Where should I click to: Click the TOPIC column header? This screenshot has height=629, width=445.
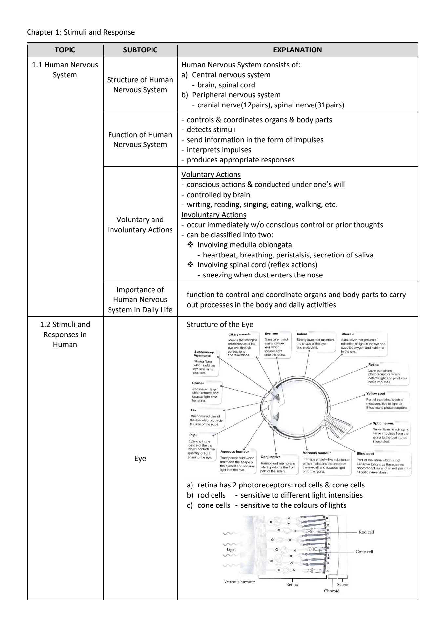click(65, 50)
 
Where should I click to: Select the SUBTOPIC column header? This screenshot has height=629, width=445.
click(140, 50)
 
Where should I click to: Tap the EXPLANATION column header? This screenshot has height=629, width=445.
click(297, 50)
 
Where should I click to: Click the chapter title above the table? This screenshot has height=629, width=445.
click(81, 32)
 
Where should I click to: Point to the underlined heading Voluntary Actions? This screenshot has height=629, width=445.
click(211, 174)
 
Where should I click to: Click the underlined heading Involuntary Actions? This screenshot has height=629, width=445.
click(213, 215)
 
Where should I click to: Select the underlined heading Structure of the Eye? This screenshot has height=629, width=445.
click(220, 325)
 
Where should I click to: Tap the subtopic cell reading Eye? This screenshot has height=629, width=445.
click(140, 458)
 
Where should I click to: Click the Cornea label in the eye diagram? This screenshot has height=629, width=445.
click(198, 383)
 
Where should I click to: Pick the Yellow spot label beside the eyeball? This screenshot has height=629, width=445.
click(375, 394)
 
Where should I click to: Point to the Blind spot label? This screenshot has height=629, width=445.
click(365, 454)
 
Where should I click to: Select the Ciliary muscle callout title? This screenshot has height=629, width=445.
click(239, 334)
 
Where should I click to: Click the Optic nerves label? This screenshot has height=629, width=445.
click(383, 423)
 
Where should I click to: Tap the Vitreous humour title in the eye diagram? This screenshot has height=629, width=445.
click(317, 453)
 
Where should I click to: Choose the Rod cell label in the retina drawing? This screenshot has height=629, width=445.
click(366, 532)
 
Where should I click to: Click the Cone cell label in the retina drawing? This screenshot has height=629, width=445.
click(364, 552)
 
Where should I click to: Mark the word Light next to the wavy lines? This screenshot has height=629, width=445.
click(231, 549)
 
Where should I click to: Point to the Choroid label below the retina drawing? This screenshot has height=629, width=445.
click(332, 591)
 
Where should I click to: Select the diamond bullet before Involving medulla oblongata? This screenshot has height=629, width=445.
click(191, 245)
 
